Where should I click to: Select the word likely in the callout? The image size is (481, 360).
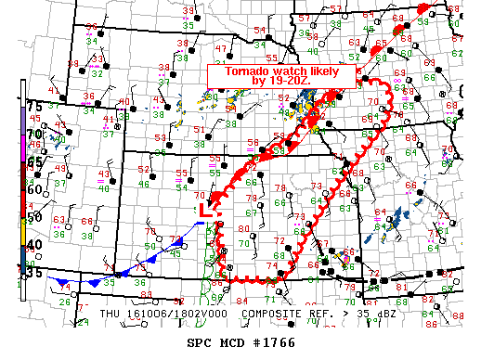pyautogui.click(x=325, y=71)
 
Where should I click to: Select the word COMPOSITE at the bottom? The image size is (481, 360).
pyautogui.click(x=274, y=314)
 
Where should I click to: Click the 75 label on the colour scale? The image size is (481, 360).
pyautogui.click(x=33, y=106)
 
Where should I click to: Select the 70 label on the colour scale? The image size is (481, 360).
pyautogui.click(x=33, y=134)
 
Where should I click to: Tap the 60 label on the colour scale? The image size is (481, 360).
pyautogui.click(x=33, y=189)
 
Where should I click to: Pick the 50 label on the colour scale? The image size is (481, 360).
pyautogui.click(x=33, y=217)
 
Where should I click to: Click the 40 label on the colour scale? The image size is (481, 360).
pyautogui.click(x=33, y=245)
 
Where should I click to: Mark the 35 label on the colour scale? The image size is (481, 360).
pyautogui.click(x=33, y=272)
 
